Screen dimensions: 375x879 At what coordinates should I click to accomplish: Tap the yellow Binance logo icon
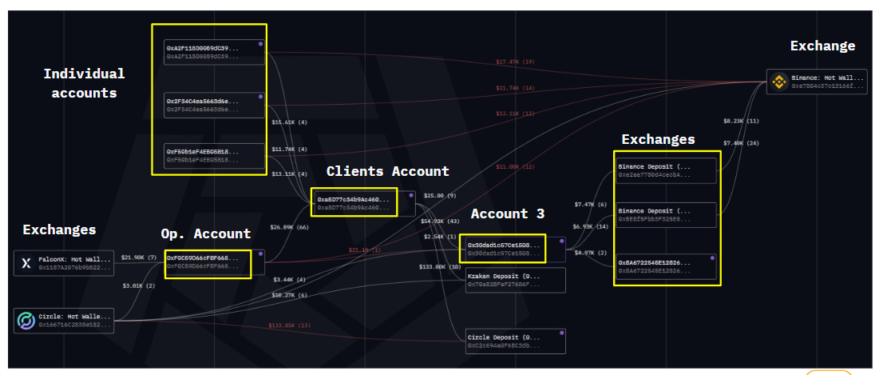coord(779,81)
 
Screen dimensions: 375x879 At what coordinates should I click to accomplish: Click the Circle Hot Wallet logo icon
coord(26,321)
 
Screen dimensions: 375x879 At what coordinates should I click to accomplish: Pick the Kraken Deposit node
coord(516,280)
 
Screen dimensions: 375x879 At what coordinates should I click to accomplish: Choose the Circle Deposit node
coord(516,341)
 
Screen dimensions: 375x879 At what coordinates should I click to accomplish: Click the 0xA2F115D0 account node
coord(214,52)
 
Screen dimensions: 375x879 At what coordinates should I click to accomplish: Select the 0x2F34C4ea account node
coord(214,106)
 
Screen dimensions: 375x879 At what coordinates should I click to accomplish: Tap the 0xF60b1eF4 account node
coord(214,155)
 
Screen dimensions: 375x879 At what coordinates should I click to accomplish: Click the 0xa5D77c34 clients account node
coord(354,203)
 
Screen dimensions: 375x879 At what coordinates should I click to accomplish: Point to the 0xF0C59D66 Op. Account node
coord(208,262)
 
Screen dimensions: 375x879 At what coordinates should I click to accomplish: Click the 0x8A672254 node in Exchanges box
coord(666,265)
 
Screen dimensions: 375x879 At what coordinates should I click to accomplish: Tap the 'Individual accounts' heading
coord(84,83)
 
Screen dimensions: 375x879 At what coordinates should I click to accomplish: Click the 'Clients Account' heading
coord(387,171)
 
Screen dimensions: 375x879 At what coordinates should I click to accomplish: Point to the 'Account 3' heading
coord(507,213)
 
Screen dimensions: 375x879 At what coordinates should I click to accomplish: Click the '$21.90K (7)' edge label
coord(138,257)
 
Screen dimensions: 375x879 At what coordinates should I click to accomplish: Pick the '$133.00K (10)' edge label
coord(440,266)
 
